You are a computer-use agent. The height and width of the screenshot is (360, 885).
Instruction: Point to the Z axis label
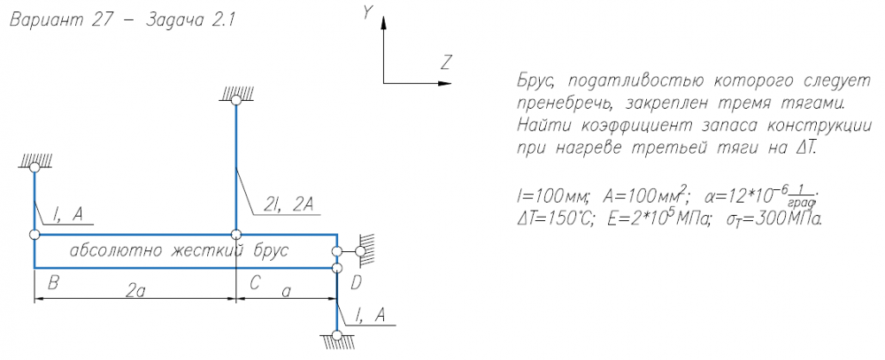tap(446, 63)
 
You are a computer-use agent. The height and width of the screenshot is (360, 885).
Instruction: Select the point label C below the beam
tap(254, 283)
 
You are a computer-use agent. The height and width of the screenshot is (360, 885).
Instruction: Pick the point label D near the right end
tap(356, 283)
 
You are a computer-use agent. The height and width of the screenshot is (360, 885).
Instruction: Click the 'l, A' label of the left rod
tap(69, 212)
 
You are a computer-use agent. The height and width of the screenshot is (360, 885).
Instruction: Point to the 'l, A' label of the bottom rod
tap(371, 316)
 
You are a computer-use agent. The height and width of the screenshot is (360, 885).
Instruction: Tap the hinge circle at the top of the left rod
tap(34, 166)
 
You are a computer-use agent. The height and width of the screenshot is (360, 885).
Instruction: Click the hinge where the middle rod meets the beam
tap(235, 234)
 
